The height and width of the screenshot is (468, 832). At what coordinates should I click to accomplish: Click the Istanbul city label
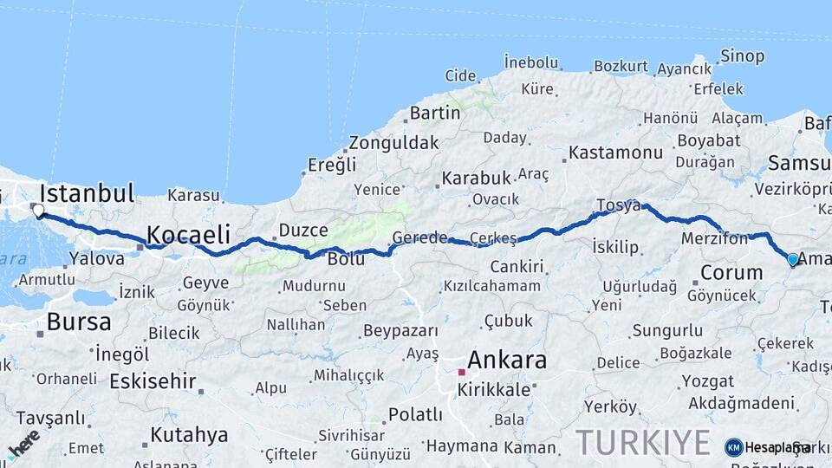point(87,192)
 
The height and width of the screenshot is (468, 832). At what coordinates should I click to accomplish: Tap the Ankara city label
point(507,360)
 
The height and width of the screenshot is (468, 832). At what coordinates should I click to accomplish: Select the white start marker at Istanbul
point(37,210)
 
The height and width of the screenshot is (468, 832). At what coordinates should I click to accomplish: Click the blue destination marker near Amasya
point(792,258)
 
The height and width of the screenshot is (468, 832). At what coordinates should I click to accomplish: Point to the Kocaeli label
point(188,234)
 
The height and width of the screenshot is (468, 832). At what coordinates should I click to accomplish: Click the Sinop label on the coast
point(743,56)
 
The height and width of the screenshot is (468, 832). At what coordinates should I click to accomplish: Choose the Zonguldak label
point(393,143)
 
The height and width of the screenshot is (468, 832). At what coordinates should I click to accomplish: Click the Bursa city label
point(79,322)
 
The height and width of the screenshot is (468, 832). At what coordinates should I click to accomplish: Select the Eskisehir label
point(153,381)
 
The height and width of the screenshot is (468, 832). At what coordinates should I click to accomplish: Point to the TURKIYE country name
point(643,443)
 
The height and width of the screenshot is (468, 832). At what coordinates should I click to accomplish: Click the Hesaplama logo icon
point(734,447)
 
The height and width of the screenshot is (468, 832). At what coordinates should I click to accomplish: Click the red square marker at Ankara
point(462,372)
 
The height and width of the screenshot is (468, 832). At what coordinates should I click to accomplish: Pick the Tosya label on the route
point(618,205)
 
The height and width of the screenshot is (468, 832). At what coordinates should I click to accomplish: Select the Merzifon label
point(714,238)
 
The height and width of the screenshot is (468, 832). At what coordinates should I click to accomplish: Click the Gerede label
point(419,237)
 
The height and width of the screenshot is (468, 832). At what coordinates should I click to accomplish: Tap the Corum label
point(731,272)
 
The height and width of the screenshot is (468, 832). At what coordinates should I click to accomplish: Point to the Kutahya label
point(189,434)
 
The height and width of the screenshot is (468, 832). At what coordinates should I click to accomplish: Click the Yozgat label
point(707,381)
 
